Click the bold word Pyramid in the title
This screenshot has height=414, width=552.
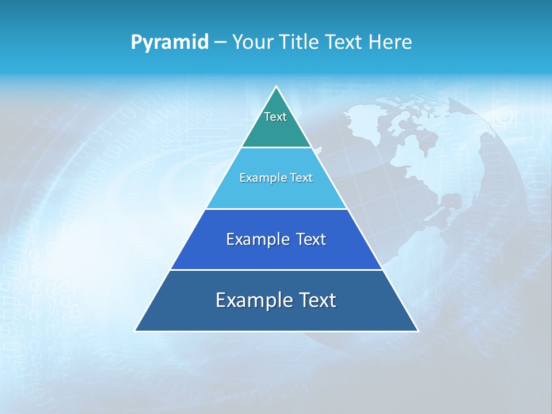click(170, 43)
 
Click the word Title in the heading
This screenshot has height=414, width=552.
click(299, 43)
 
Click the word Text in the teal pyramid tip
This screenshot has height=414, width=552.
click(275, 117)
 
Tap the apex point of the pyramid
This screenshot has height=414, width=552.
click(277, 87)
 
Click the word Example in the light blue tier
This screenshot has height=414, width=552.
click(258, 178)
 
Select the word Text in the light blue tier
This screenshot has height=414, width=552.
click(302, 178)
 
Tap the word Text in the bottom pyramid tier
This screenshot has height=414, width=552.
click(317, 300)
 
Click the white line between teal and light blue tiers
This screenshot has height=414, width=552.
click(277, 147)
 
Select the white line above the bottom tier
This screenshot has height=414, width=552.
click(277, 270)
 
